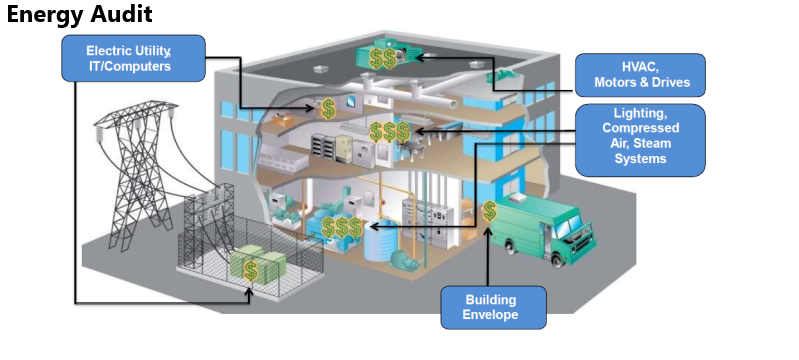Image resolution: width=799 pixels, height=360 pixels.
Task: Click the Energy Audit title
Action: (x=79, y=15)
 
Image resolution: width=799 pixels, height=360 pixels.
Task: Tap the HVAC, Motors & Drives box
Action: (x=640, y=75)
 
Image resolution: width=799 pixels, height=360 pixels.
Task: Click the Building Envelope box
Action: (x=493, y=307)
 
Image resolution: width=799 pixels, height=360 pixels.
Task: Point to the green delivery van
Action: (x=544, y=225)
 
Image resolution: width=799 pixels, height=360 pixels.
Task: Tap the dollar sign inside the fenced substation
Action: (x=250, y=270)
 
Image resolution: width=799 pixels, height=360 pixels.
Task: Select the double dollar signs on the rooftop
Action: (x=382, y=59)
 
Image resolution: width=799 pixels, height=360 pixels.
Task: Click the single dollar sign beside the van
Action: (x=490, y=211)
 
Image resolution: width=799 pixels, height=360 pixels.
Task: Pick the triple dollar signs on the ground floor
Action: (x=341, y=228)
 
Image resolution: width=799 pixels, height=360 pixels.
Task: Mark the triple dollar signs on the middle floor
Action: (x=389, y=131)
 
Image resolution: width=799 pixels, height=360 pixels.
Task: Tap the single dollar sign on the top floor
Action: (x=328, y=107)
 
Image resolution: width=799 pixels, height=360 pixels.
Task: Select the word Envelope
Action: (x=493, y=315)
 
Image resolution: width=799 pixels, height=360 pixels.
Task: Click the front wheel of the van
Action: (x=558, y=256)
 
